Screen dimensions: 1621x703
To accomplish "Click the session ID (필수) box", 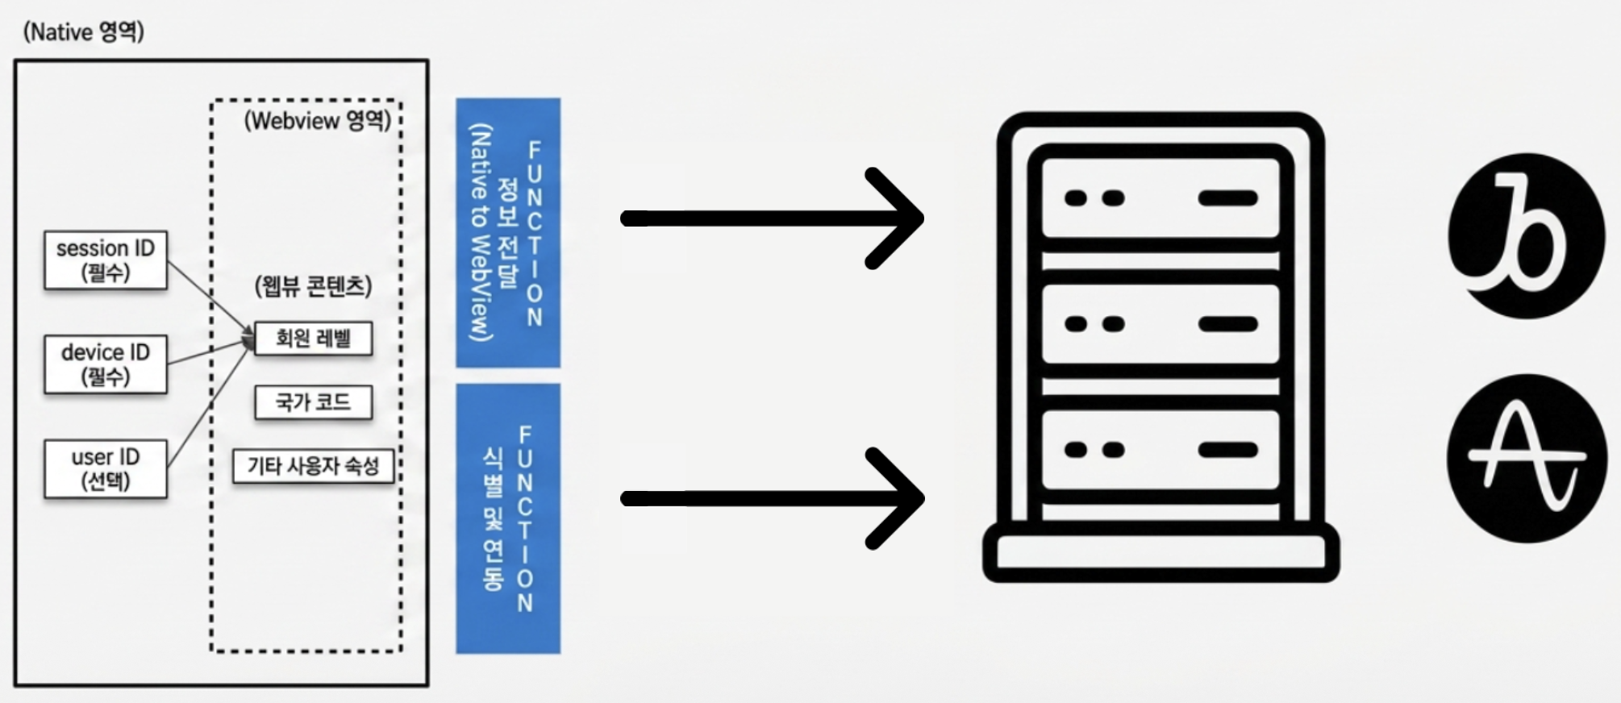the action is tap(106, 260).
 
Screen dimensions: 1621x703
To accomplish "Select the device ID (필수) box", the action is tap(106, 364).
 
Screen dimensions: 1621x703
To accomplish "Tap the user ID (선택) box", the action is tap(106, 468).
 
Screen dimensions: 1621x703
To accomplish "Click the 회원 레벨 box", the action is tap(314, 338).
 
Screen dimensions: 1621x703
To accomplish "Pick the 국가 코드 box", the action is tap(314, 402).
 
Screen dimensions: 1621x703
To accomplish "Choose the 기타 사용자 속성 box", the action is tap(314, 466).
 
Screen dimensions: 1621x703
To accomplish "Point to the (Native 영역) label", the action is tap(84, 31).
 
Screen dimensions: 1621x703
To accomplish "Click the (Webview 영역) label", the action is tap(318, 121).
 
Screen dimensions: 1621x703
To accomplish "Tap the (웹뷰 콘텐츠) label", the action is tap(314, 286).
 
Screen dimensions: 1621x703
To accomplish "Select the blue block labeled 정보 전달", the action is tap(508, 233).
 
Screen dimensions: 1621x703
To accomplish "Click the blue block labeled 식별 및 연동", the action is tap(508, 518).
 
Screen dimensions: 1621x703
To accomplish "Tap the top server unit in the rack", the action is tap(1161, 198).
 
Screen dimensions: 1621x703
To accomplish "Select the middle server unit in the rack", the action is tap(1161, 324).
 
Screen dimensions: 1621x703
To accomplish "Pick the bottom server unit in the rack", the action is tap(1161, 450).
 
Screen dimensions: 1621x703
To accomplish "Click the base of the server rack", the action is tap(1161, 555).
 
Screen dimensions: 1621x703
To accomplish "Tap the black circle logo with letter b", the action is tap(1526, 236).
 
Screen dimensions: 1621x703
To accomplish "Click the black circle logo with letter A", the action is tap(1526, 458).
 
